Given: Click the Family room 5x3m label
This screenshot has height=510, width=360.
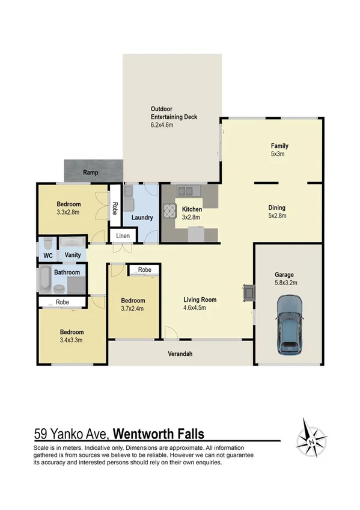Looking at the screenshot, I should (x=279, y=150).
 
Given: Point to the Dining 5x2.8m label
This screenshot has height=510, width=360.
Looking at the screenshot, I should (x=277, y=212).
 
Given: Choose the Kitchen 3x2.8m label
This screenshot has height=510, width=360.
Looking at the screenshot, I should (x=191, y=213).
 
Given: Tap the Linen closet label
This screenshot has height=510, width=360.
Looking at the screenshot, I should (x=123, y=236).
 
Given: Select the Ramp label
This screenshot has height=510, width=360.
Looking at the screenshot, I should (x=90, y=173).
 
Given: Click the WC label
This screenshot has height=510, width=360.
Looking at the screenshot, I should (x=47, y=256).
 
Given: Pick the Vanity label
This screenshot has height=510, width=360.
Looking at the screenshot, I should (x=73, y=256).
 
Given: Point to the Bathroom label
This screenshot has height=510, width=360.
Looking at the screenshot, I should (x=67, y=272).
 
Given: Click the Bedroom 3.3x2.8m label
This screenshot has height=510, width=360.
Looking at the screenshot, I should (x=69, y=208).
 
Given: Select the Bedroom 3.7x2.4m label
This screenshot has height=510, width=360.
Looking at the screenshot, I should (x=132, y=305).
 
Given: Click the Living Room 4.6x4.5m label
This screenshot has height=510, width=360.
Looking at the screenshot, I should (x=200, y=304).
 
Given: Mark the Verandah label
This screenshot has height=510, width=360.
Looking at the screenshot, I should (x=179, y=354).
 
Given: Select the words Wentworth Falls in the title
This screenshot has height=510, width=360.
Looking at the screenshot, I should (x=159, y=434).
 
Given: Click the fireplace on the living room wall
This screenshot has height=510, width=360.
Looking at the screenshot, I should (x=248, y=293).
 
